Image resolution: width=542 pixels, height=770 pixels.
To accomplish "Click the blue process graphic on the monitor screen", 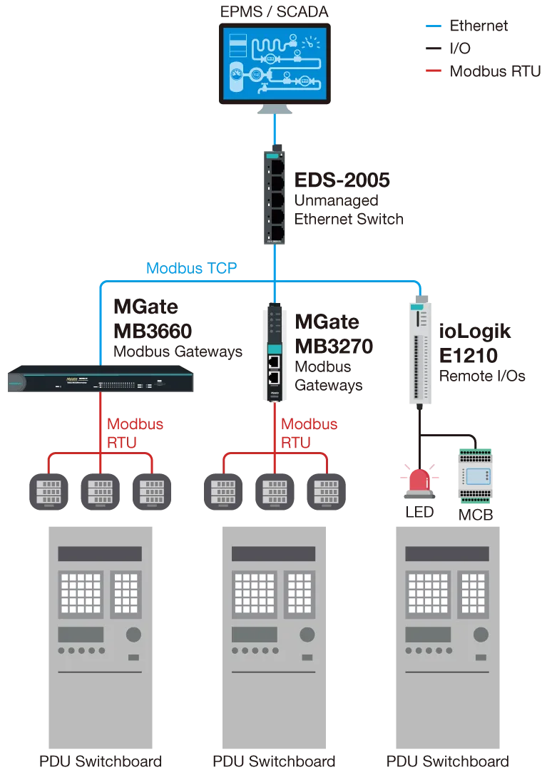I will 273,63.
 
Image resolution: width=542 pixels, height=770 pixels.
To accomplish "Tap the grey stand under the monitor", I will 273,109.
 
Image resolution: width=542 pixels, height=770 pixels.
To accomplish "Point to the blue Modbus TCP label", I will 192,268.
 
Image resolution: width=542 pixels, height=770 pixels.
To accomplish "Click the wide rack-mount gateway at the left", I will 100,381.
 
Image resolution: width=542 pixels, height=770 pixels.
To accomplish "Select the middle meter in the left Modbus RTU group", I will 99,493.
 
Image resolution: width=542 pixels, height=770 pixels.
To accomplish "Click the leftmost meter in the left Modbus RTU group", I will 48,493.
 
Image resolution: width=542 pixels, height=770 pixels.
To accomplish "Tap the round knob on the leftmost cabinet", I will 133,635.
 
